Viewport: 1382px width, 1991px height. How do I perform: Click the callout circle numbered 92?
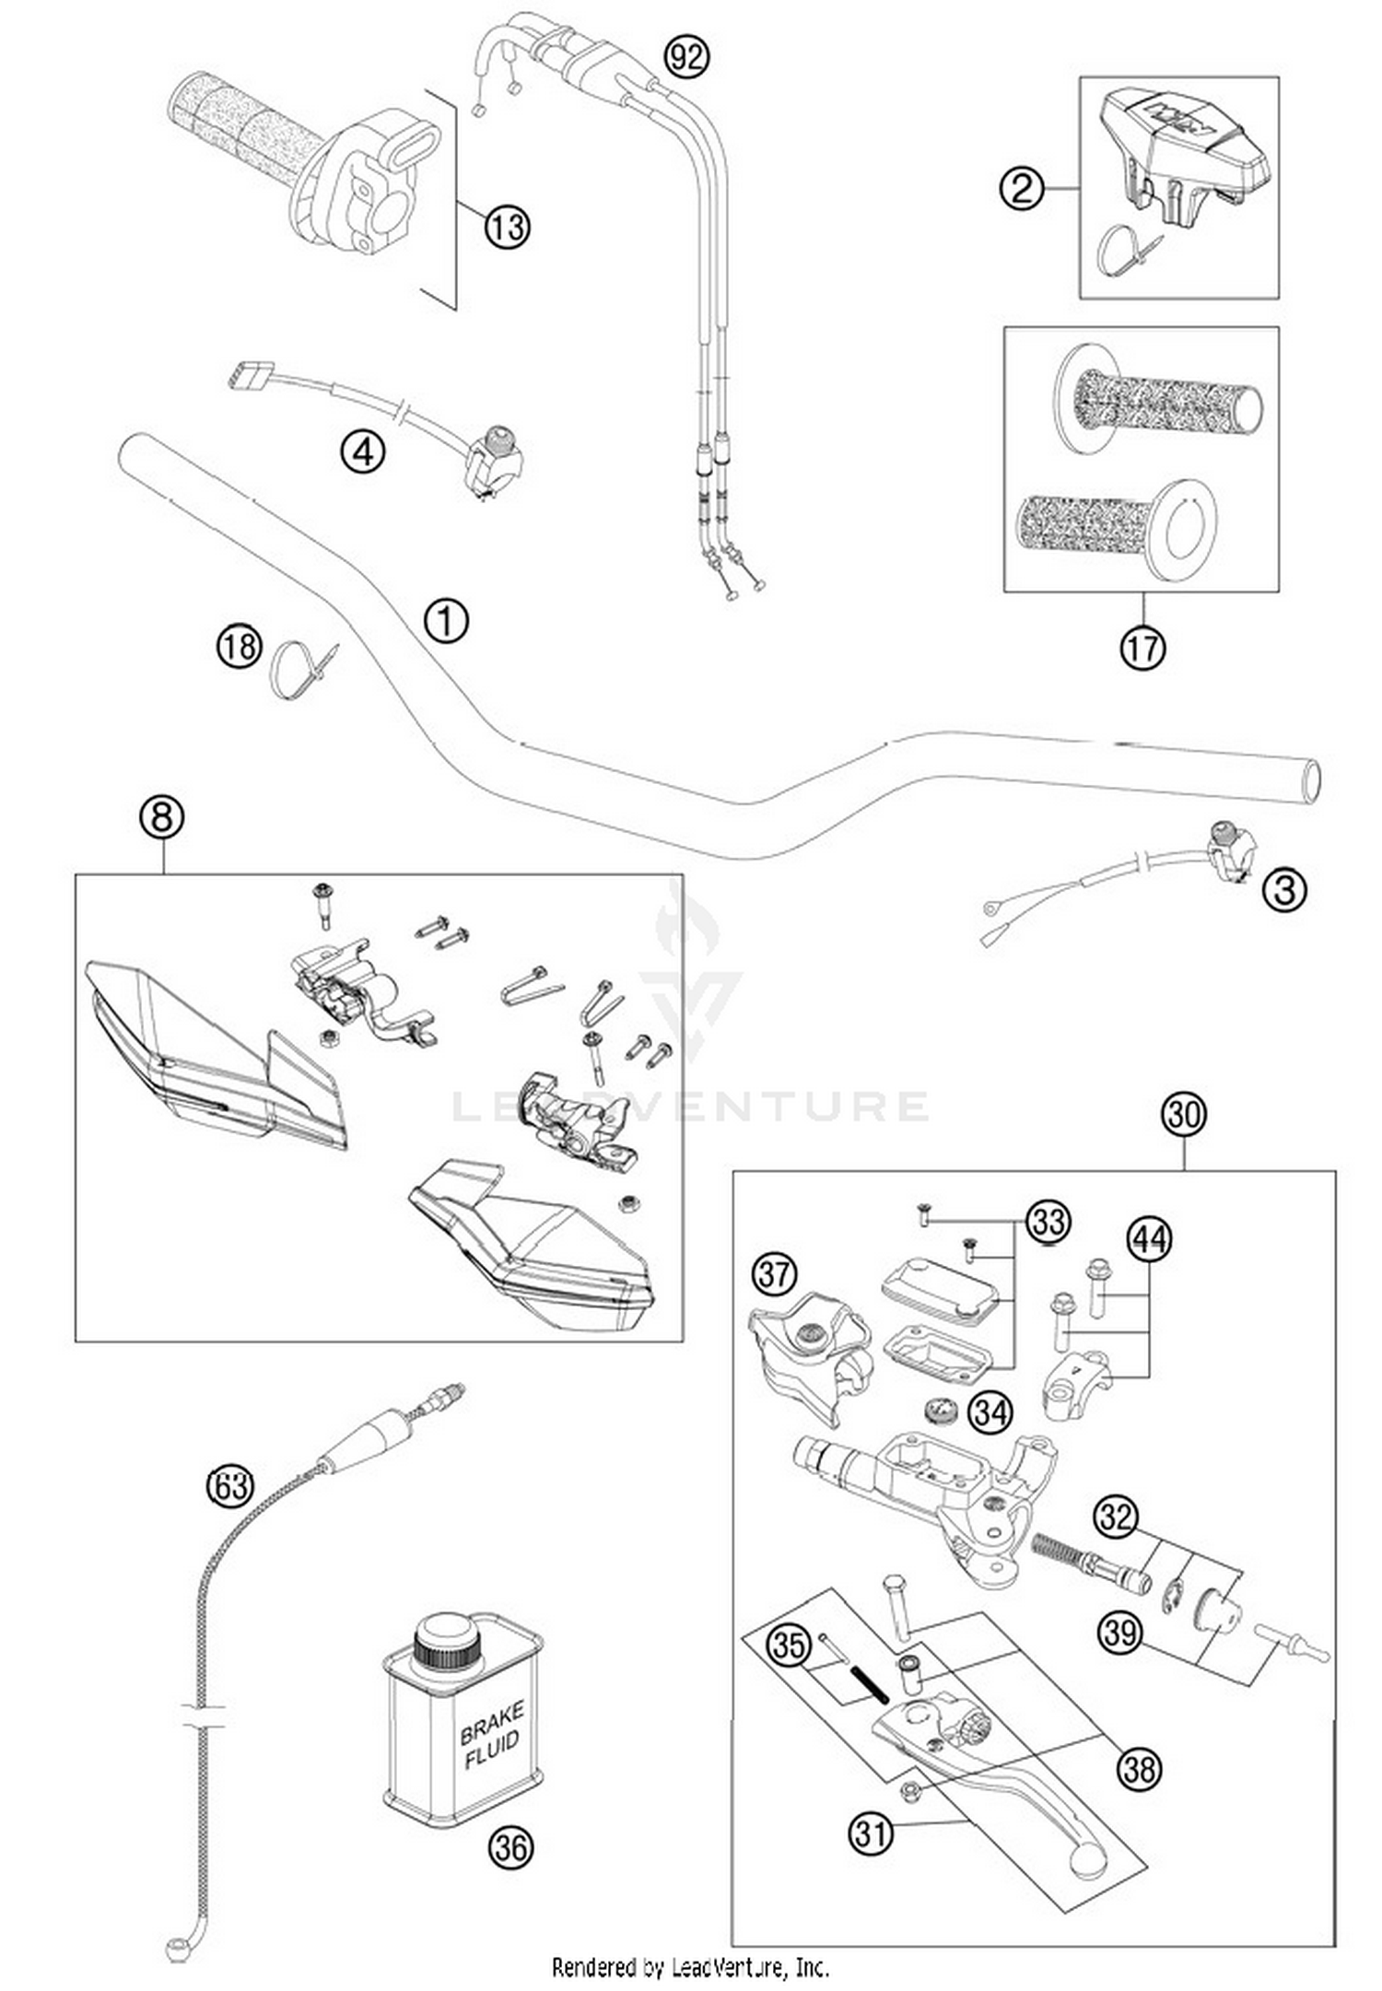click(687, 57)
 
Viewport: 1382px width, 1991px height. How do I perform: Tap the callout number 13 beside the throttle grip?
click(508, 226)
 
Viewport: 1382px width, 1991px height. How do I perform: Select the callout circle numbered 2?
click(1022, 189)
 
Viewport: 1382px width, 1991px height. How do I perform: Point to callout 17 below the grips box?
click(1142, 648)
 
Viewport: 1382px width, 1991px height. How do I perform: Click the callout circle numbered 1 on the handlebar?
click(446, 621)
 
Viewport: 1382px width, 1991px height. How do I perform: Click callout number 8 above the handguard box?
click(162, 816)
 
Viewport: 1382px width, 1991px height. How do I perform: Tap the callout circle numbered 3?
click(1284, 889)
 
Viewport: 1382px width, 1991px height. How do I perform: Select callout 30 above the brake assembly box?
click(1184, 1114)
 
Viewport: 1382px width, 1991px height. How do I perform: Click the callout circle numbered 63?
click(229, 1485)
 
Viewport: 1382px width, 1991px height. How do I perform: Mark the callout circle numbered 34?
click(991, 1411)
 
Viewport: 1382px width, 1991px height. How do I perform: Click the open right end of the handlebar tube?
click(1308, 779)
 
